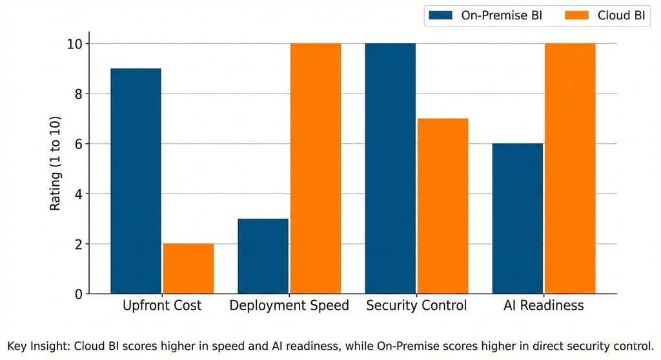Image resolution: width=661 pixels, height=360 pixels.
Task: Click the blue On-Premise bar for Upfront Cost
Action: (x=136, y=181)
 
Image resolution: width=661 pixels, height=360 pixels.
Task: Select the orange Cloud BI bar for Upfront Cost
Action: (x=188, y=269)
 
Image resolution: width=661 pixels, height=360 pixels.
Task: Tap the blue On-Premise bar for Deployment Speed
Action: (x=263, y=257)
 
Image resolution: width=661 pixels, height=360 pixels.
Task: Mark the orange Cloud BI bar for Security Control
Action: (x=442, y=206)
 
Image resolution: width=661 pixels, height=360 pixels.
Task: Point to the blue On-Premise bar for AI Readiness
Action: (x=517, y=219)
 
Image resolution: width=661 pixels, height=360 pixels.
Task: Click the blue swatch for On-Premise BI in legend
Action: (x=442, y=15)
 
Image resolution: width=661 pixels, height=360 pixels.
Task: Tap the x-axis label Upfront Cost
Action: (x=162, y=306)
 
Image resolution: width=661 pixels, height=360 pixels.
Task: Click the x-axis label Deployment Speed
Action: (x=289, y=306)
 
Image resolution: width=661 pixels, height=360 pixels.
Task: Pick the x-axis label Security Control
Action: (x=416, y=306)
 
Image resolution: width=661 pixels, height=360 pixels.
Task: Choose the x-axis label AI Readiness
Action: (x=544, y=306)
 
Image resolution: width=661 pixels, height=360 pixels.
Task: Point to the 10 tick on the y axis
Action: (x=76, y=44)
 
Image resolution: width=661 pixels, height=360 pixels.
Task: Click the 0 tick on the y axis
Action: (x=79, y=294)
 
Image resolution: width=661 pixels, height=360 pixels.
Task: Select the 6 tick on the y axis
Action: (x=79, y=144)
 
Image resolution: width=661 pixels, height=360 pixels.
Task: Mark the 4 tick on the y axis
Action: (x=79, y=194)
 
